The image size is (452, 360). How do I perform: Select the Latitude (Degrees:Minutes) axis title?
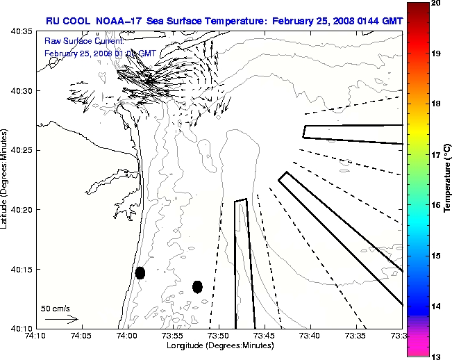click(x=6, y=179)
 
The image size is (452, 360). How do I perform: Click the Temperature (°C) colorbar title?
click(x=447, y=179)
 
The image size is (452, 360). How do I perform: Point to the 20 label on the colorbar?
click(x=415, y=4)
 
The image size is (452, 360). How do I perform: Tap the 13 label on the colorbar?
click(x=415, y=356)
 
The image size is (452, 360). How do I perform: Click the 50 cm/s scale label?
click(x=55, y=308)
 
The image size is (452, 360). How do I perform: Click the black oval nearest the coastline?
click(x=140, y=272)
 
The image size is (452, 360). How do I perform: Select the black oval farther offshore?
click(x=197, y=286)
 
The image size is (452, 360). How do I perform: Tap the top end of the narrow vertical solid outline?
click(x=241, y=201)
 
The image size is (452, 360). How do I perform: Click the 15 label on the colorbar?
click(x=415, y=256)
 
